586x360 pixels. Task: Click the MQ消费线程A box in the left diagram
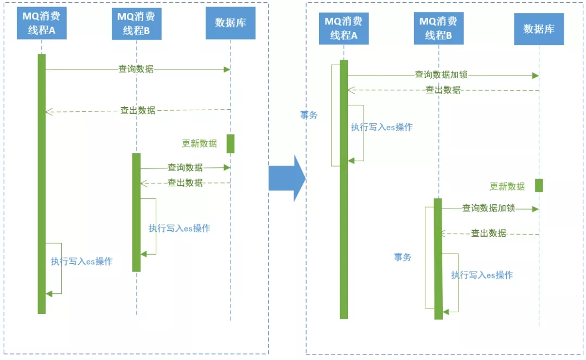tap(42, 23)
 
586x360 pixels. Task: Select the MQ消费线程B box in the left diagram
tap(136, 23)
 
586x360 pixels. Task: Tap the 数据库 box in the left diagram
tap(231, 23)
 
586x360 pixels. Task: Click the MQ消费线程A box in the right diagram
tap(344, 28)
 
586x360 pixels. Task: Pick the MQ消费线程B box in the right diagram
tap(438, 28)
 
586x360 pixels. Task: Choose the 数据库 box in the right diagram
tap(539, 29)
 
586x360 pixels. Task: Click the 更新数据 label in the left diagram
tap(199, 144)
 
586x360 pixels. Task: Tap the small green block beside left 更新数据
tap(231, 143)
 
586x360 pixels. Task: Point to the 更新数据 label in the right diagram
tap(507, 186)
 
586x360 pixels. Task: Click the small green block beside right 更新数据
tap(539, 185)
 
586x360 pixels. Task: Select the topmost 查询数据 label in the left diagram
tap(136, 69)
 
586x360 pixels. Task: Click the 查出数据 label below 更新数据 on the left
tap(185, 183)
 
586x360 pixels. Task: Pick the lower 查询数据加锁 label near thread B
tap(488, 208)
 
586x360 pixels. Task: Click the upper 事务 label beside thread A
tap(309, 115)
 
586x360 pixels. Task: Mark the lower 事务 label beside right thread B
tap(403, 257)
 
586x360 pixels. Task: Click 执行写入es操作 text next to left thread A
tap(82, 261)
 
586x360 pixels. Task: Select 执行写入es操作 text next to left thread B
tap(179, 228)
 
